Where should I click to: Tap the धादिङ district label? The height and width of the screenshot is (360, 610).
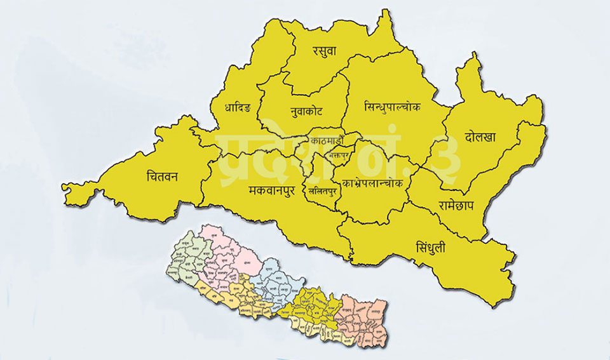coord(238,107)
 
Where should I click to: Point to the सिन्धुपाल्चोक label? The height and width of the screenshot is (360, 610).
coord(392,107)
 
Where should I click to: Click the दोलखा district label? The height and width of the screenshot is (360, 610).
coord(480,136)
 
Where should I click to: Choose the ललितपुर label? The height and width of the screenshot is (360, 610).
coord(318,190)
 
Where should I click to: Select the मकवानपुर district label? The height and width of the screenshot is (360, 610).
coord(271,189)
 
